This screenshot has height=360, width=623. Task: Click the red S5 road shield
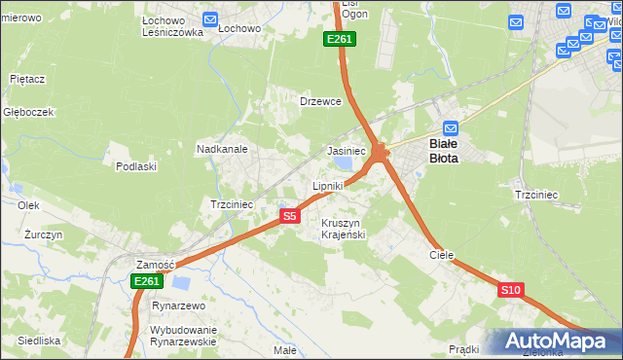point(289,216)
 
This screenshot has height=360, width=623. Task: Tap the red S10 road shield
point(512,290)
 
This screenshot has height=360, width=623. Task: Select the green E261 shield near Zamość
point(145,281)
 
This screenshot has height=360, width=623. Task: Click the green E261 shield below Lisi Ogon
point(340,39)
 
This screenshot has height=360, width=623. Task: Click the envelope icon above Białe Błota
point(451,128)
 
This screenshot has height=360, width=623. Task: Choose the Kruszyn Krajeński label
point(343,229)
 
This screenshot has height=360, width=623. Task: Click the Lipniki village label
point(328,185)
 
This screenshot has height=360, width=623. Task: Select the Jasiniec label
point(346,151)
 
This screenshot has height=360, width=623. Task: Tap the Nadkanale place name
point(222,150)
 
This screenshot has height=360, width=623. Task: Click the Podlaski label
point(136,166)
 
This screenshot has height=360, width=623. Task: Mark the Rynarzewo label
point(181,306)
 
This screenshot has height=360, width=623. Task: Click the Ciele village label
point(442,254)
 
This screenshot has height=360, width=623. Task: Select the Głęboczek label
point(27,112)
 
